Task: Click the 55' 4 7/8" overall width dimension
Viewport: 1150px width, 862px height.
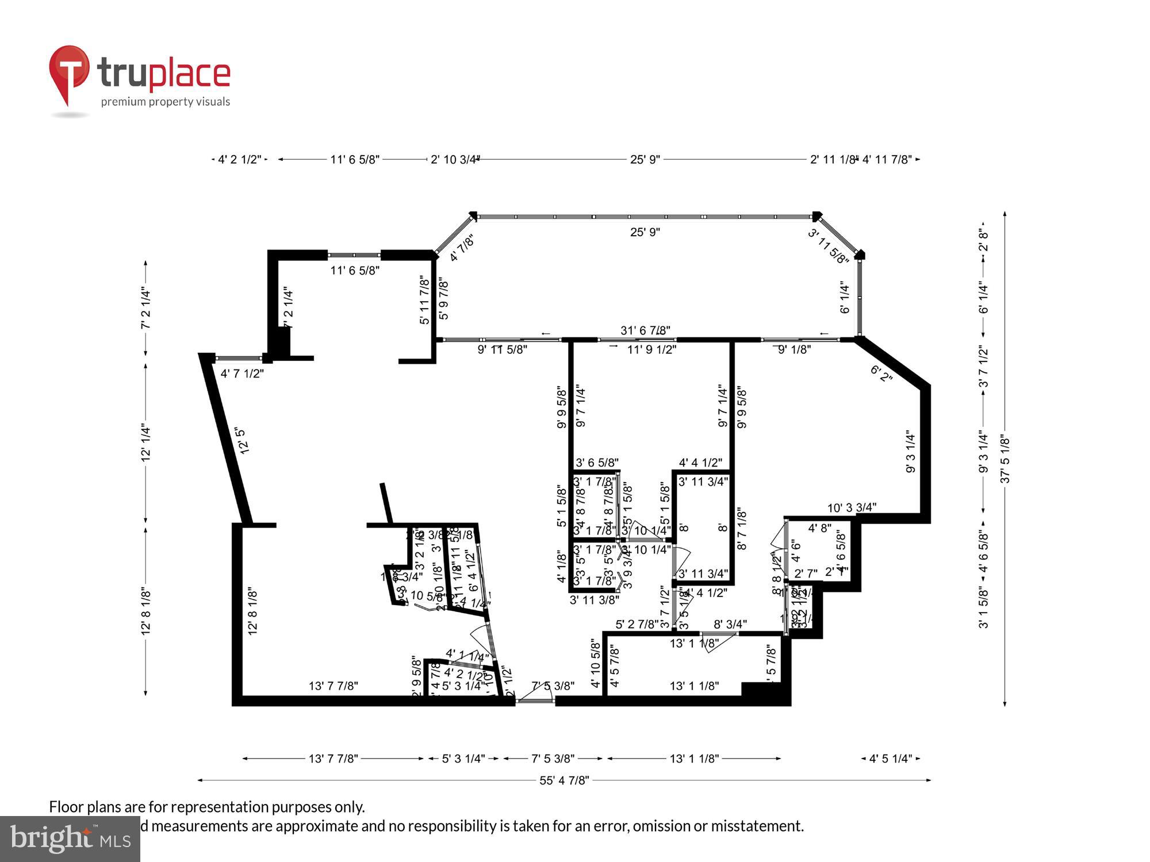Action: (563, 780)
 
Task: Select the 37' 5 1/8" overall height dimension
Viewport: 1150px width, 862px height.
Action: (1005, 459)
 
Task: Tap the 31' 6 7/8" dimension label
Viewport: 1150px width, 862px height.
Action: (645, 330)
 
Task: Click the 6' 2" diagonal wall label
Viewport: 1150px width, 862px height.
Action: (881, 374)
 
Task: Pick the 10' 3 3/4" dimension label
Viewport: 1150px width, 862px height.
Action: (852, 507)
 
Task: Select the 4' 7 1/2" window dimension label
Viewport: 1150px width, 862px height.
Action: (242, 374)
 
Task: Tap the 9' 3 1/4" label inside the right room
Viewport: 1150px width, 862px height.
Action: (910, 451)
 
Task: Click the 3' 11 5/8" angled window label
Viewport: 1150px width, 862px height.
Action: (828, 246)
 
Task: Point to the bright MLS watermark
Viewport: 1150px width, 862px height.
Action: (70, 839)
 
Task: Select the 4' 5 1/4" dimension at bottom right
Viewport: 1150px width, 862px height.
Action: (890, 759)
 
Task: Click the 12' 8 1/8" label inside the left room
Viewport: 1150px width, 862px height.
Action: (252, 611)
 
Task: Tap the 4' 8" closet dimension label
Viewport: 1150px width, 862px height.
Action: (819, 528)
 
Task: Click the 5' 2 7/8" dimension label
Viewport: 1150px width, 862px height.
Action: (637, 624)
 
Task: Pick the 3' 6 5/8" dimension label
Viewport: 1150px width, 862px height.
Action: (597, 463)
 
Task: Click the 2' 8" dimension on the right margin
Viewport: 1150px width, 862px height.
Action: (983, 240)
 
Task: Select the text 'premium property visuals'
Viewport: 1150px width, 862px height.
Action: (166, 102)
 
